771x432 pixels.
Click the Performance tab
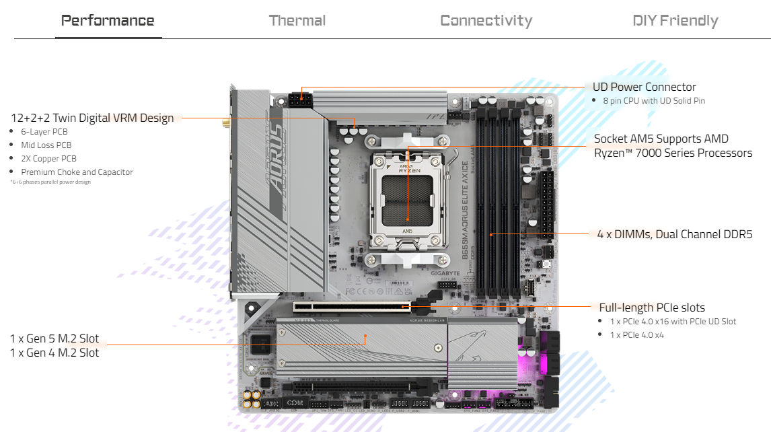pyautogui.click(x=108, y=20)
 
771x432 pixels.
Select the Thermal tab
pyautogui.click(x=297, y=20)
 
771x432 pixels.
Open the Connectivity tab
pyautogui.click(x=486, y=20)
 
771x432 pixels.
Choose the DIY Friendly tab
pyautogui.click(x=675, y=20)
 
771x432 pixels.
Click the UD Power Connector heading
pyautogui.click(x=644, y=87)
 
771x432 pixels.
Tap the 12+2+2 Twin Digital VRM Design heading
pyautogui.click(x=92, y=118)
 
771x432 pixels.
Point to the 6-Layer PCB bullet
pyautogui.click(x=44, y=132)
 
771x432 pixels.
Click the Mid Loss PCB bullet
pyautogui.click(x=46, y=145)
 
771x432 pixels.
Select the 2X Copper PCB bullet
pyautogui.click(x=48, y=159)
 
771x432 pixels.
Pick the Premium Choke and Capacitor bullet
pyautogui.click(x=77, y=172)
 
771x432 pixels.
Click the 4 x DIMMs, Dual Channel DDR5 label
pyautogui.click(x=674, y=234)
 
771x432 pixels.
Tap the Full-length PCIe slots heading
pyautogui.click(x=642, y=308)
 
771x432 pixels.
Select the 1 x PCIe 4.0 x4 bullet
pyautogui.click(x=636, y=334)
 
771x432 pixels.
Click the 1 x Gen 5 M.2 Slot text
pyautogui.click(x=54, y=338)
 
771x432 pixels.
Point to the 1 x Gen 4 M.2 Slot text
pyautogui.click(x=54, y=353)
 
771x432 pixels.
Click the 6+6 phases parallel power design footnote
pyautogui.click(x=50, y=182)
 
